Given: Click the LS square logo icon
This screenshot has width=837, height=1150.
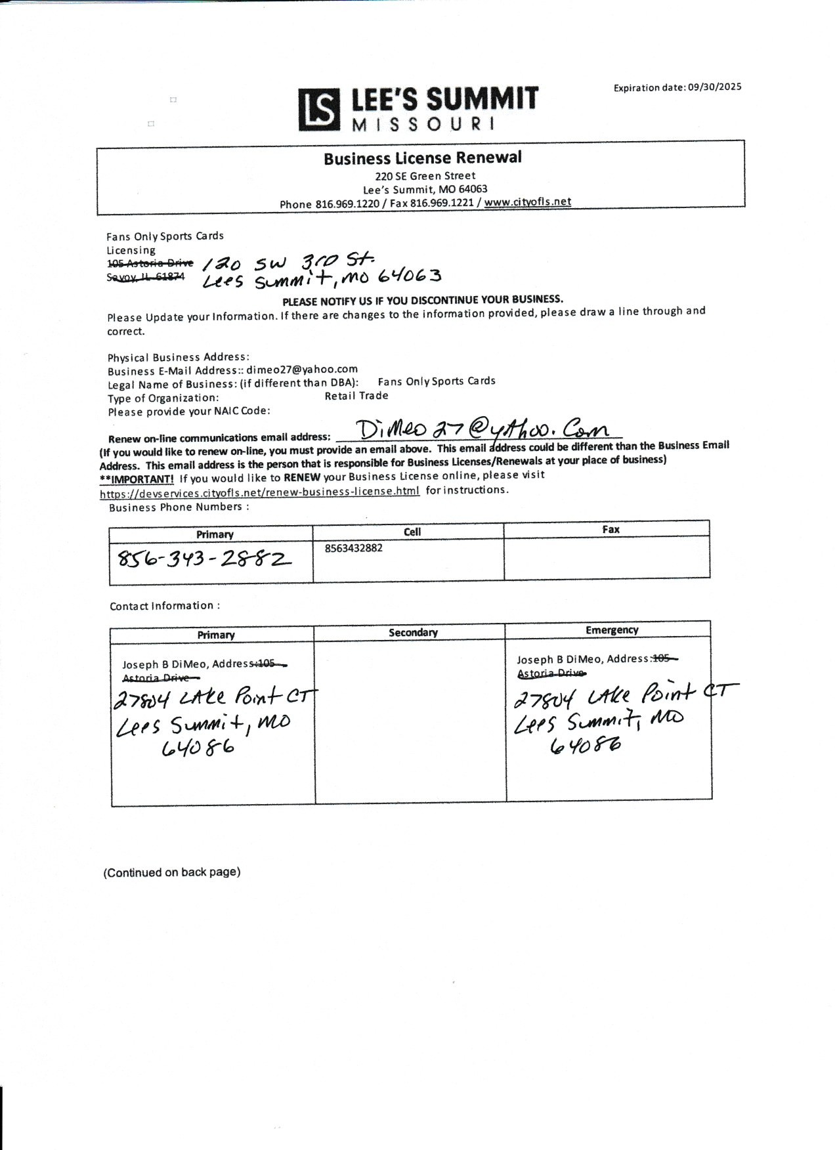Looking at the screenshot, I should tap(319, 109).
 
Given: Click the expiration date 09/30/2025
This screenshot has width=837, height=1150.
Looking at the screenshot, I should tap(714, 87).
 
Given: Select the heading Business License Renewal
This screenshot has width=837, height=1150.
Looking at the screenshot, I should tap(422, 158).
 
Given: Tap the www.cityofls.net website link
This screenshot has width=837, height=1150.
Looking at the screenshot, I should tap(528, 202).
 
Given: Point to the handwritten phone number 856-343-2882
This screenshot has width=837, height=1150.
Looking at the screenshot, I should tap(204, 559).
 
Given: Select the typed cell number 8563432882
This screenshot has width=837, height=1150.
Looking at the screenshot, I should tap(353, 548).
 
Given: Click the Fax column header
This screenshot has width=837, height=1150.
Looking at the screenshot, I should tap(611, 529).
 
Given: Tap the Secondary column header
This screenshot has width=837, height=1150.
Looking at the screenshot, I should tap(412, 632).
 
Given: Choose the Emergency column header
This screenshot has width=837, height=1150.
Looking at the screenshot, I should tap(612, 630).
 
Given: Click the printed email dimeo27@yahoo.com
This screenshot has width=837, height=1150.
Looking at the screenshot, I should tap(302, 370).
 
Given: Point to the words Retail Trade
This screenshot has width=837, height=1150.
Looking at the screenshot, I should tap(356, 396).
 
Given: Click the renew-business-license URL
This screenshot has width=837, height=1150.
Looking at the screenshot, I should tap(259, 492).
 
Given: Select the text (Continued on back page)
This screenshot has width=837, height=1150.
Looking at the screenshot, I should tap(172, 872).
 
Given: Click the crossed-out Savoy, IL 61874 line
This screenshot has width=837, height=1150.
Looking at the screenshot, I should tap(146, 277).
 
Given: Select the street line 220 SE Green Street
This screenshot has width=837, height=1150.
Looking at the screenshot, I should tap(425, 176).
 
